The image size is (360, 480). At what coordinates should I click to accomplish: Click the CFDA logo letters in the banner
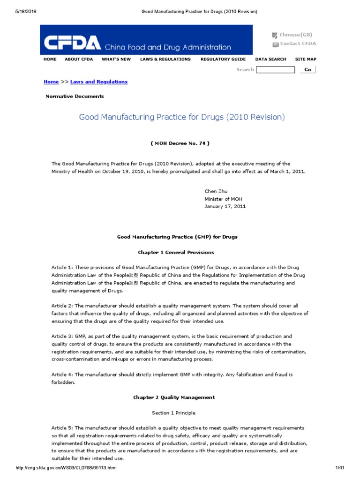[72, 43]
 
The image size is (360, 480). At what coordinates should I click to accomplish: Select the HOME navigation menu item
[50, 60]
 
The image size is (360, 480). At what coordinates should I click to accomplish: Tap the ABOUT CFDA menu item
[78, 60]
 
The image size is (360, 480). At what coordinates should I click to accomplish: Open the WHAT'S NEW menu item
[116, 60]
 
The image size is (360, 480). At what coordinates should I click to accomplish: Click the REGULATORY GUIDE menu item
[223, 60]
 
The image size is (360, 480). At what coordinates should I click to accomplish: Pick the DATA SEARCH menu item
[270, 60]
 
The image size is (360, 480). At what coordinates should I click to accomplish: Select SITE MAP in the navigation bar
[306, 60]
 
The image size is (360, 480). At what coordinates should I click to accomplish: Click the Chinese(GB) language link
[295, 35]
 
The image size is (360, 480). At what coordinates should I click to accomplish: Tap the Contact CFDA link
[298, 44]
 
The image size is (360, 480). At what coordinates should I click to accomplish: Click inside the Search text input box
[276, 70]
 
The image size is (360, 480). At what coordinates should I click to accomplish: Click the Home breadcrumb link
[51, 82]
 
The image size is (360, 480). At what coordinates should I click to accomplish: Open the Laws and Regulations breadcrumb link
[99, 82]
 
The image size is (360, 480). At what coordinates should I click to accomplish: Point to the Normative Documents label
[75, 96]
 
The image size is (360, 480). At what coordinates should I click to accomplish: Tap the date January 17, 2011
[225, 206]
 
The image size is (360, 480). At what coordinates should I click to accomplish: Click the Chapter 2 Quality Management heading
[174, 397]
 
